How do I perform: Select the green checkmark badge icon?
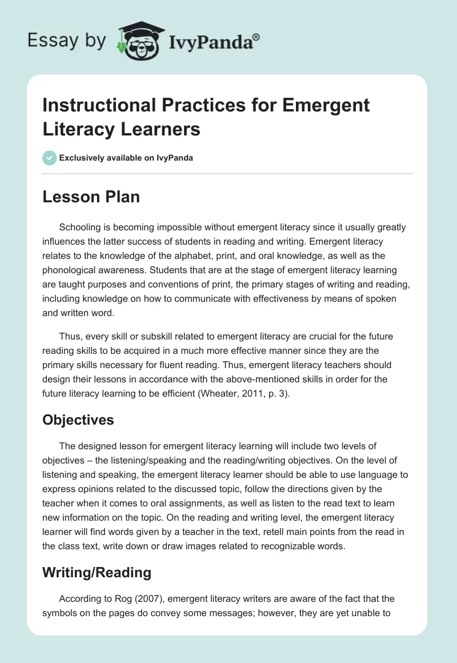tap(50, 158)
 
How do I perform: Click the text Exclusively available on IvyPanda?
tap(127, 158)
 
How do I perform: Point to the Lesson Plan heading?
tap(91, 197)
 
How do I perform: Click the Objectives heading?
tap(78, 420)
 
